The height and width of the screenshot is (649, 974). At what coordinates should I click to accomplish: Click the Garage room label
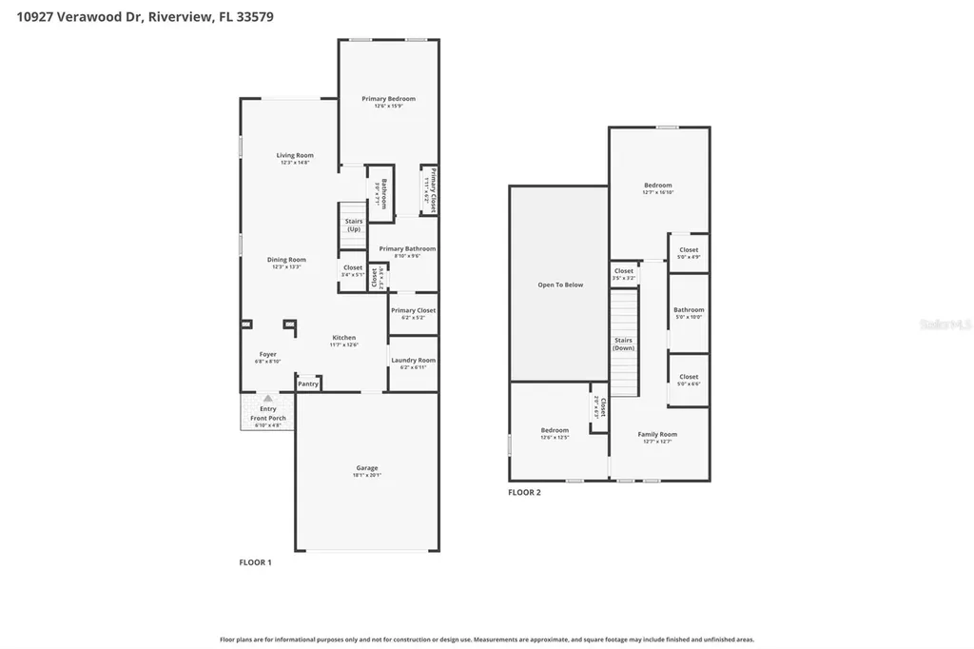[367, 467]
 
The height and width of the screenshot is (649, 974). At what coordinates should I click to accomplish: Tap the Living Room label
[295, 155]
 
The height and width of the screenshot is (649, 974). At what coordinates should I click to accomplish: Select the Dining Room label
[286, 260]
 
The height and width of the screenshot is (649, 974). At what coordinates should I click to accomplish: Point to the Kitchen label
[343, 338]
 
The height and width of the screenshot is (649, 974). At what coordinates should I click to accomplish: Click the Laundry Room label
[413, 360]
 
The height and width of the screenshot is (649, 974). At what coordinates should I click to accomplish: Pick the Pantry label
[307, 383]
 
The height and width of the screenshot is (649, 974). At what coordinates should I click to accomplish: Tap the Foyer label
[268, 354]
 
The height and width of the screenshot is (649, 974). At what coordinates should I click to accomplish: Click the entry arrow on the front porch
[268, 399]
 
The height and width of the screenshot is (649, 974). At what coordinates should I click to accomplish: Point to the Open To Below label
[560, 285]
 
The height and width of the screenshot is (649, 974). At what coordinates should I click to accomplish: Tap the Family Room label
[657, 434]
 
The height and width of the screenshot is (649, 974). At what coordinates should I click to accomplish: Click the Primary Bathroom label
[407, 248]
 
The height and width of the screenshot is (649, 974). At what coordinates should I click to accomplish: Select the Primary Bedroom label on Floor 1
[388, 98]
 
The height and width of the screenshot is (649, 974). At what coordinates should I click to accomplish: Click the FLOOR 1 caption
[255, 562]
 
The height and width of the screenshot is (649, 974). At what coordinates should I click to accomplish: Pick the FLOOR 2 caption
[524, 492]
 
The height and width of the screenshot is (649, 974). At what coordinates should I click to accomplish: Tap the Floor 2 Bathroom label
[689, 309]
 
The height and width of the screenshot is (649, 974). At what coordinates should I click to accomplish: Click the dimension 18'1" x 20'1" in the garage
[367, 476]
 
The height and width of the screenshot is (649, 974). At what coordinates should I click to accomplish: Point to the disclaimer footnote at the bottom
[487, 639]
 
